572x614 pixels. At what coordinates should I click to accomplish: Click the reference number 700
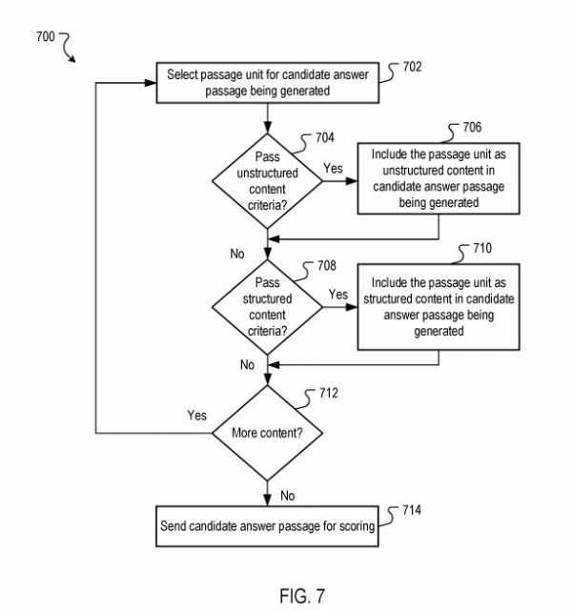click(44, 37)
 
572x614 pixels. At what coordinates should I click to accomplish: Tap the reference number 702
click(412, 68)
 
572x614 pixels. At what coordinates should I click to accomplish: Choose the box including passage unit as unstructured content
click(439, 176)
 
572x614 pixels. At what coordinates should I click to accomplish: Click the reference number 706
click(472, 127)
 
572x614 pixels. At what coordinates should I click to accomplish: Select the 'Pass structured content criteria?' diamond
click(268, 307)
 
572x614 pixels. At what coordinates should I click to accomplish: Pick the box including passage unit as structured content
click(439, 308)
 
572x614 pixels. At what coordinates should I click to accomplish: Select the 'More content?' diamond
click(268, 433)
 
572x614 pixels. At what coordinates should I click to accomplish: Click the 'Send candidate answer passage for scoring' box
click(267, 525)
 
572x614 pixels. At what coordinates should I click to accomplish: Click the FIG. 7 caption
click(301, 596)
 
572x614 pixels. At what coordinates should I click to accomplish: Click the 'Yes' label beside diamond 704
click(333, 168)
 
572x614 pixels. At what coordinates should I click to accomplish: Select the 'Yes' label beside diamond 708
click(338, 295)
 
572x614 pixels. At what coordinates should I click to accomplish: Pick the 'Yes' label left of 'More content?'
click(197, 416)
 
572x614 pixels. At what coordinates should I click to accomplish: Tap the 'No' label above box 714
click(288, 495)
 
